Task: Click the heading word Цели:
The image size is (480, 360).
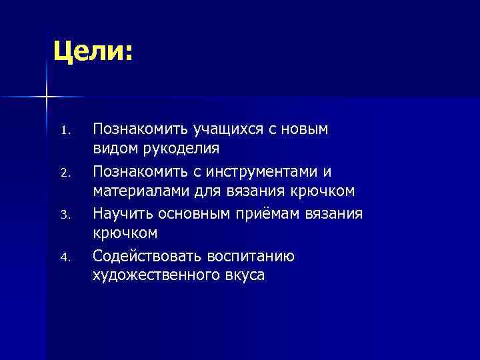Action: click(x=94, y=52)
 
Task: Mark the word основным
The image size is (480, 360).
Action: click(x=199, y=213)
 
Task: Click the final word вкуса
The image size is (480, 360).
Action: click(x=241, y=276)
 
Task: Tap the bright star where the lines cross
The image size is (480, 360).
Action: click(x=47, y=97)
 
